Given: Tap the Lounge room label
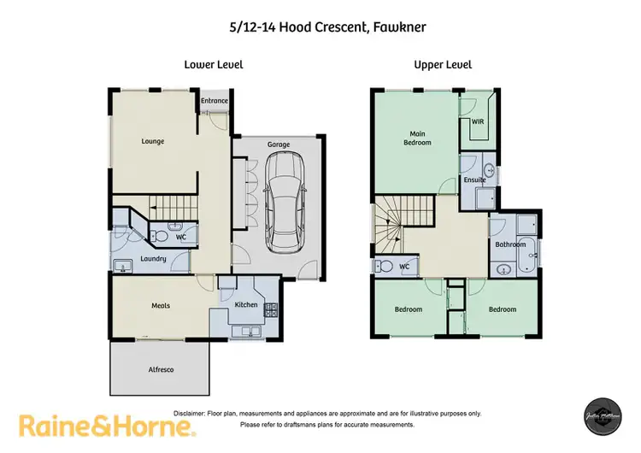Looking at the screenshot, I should pos(153,141).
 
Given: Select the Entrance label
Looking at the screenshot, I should pos(215,101).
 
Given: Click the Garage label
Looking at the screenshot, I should pos(279,144).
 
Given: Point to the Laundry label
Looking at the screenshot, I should pos(154,257).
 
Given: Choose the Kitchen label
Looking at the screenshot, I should pos(246,304).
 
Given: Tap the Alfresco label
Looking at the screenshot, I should pos(161,368).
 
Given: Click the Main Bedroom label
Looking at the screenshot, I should pos(417,138).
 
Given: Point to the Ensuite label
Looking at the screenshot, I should pos(475,180).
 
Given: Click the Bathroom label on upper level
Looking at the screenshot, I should pos(510,244).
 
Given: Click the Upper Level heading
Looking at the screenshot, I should pos(443,64).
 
